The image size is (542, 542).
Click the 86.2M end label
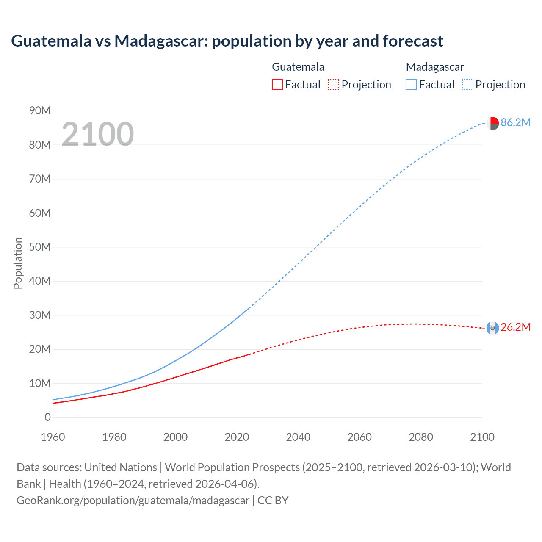(515, 123)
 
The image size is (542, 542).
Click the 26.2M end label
(515, 327)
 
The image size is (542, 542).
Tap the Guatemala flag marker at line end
(492, 328)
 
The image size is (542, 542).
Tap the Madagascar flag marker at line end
(492, 123)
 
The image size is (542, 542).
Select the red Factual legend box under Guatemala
(277, 85)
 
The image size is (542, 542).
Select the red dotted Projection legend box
(334, 85)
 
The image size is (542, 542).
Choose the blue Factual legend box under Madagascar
(411, 85)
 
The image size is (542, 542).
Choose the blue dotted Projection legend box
(468, 85)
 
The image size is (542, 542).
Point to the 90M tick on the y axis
(40, 111)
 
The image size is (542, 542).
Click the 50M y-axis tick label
(40, 247)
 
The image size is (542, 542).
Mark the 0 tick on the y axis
(47, 418)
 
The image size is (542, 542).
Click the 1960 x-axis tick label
(53, 437)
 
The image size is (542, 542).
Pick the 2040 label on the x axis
(298, 437)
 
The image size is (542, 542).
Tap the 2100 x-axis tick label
(482, 437)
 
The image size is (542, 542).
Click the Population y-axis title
(18, 263)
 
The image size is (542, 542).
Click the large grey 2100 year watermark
(98, 134)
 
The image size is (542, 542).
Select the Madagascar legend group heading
(435, 67)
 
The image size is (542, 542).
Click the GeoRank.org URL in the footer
(133, 501)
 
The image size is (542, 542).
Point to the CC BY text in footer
(273, 501)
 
